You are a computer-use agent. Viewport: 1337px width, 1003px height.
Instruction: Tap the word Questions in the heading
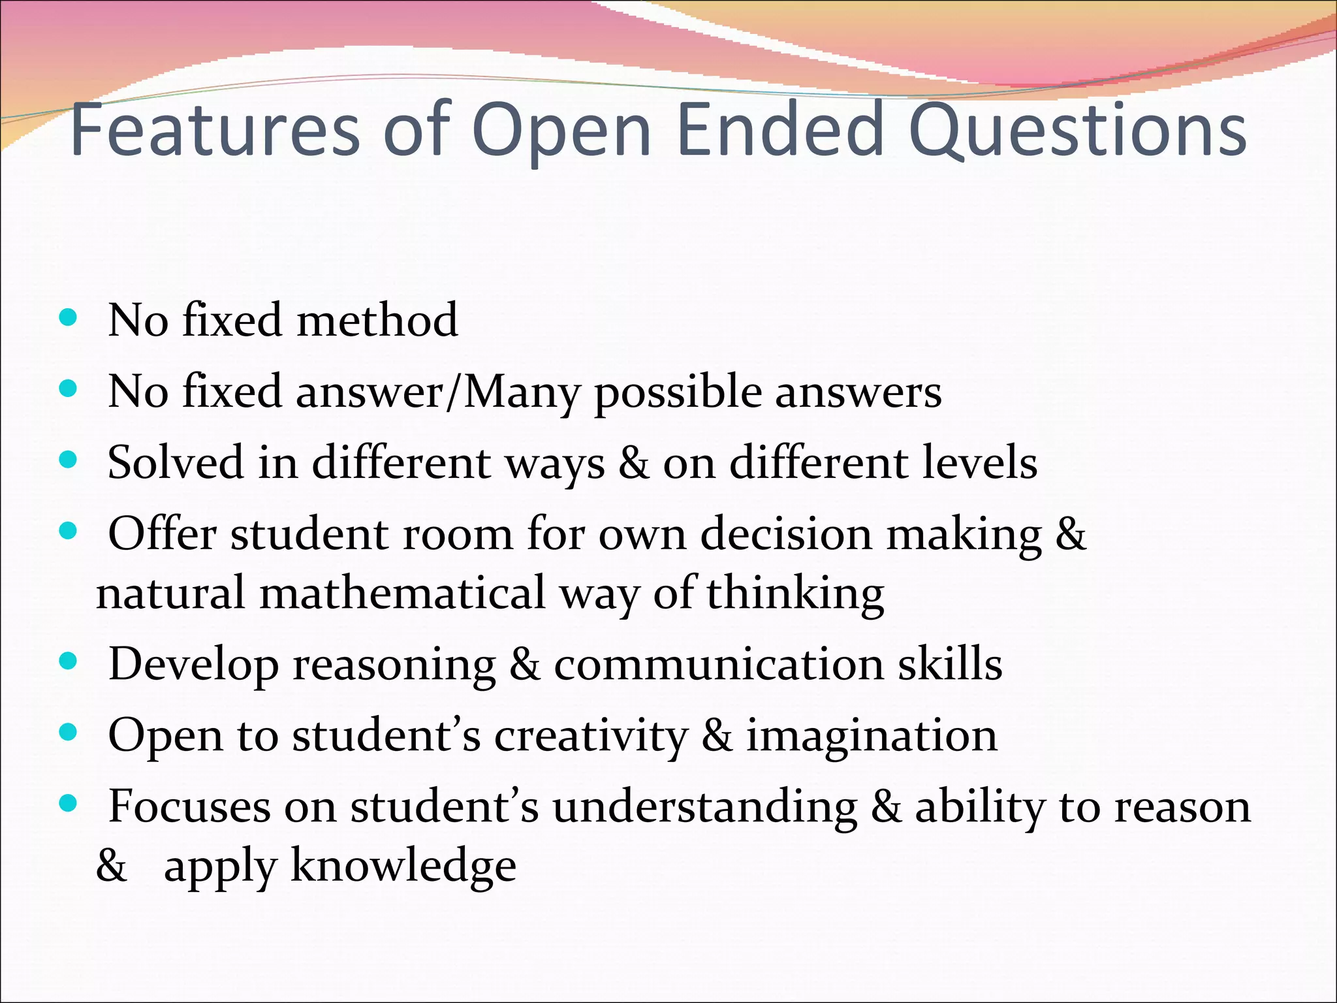point(1077,131)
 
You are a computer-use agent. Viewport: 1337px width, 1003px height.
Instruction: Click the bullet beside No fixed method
point(68,319)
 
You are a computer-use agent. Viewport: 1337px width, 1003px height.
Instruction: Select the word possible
point(678,392)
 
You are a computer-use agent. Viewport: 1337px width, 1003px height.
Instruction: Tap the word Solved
point(175,462)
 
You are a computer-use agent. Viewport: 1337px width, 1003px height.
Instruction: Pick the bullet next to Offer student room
point(68,531)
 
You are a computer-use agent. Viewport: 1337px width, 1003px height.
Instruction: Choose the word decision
point(786,534)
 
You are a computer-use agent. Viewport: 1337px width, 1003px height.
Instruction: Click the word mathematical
point(402,593)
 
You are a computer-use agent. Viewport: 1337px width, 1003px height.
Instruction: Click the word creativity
point(591,736)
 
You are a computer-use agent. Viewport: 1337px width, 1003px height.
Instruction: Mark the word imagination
point(872,736)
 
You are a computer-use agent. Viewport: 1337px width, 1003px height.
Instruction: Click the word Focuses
point(189,806)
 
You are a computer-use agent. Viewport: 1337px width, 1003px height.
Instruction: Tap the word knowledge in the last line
point(403,867)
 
